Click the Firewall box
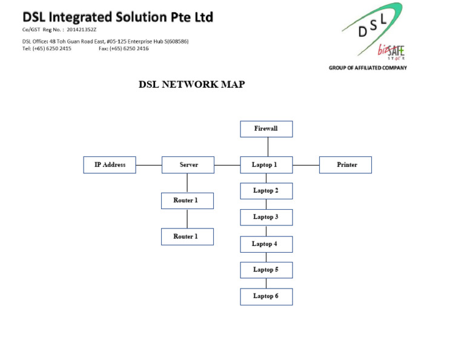(266, 129)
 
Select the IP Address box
(110, 165)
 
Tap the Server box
(188, 165)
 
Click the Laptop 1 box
(266, 165)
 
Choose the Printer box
(346, 165)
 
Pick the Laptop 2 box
(266, 191)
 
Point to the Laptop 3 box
(266, 217)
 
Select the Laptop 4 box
(266, 244)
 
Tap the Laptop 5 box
(266, 270)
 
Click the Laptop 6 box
(266, 296)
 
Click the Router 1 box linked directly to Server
(187, 201)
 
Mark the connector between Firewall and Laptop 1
(268, 147)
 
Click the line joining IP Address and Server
(149, 165)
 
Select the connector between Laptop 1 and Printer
(306, 165)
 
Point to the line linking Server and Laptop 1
(227, 165)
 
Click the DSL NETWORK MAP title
(192, 85)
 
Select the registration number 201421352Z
(82, 29)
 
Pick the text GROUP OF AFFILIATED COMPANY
(368, 68)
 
